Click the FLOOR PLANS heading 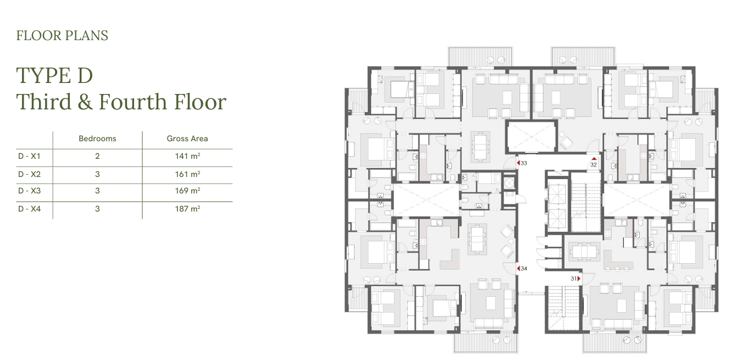[x=62, y=36]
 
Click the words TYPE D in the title [x=54, y=75]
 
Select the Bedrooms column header [x=97, y=139]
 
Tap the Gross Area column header [x=187, y=139]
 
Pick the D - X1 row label [x=29, y=156]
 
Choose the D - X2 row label [x=29, y=174]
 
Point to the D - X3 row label [x=29, y=191]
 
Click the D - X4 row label [x=29, y=209]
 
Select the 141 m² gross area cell [x=187, y=156]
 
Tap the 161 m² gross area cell [x=187, y=174]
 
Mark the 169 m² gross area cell [x=187, y=191]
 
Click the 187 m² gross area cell [x=187, y=209]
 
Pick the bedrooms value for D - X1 [x=97, y=156]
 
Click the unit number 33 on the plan [x=524, y=163]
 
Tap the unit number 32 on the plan [x=594, y=164]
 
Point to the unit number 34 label [x=524, y=269]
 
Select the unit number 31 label [x=574, y=279]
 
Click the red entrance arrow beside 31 [x=579, y=279]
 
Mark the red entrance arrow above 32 [x=594, y=159]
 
